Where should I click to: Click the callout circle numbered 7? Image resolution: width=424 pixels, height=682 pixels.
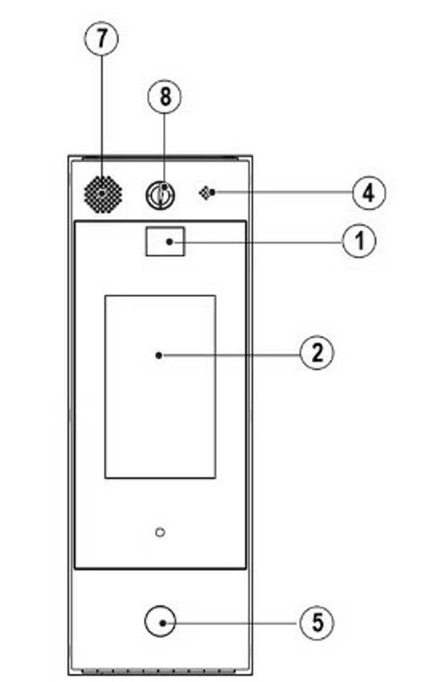pyautogui.click(x=101, y=38)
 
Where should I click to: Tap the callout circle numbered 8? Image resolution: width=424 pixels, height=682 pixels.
pyautogui.click(x=164, y=97)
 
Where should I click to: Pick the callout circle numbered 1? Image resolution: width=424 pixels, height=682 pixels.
pyautogui.click(x=359, y=241)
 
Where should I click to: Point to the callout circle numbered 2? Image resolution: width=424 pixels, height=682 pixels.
pyautogui.click(x=317, y=353)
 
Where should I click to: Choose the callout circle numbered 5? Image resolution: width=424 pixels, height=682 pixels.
pyautogui.click(x=317, y=622)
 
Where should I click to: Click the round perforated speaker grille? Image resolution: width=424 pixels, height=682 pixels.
pyautogui.click(x=103, y=194)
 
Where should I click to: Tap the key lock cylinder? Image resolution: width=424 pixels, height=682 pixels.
pyautogui.click(x=161, y=195)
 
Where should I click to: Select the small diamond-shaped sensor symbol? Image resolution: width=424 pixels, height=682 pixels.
pyautogui.click(x=205, y=192)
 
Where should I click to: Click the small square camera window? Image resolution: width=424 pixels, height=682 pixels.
pyautogui.click(x=165, y=241)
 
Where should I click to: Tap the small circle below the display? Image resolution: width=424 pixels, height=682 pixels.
pyautogui.click(x=160, y=532)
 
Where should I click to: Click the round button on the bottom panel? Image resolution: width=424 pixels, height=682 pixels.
pyautogui.click(x=160, y=622)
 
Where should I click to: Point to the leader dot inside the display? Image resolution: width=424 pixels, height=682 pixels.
pyautogui.click(x=158, y=354)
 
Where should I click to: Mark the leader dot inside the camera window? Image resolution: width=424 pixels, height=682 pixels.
pyautogui.click(x=169, y=241)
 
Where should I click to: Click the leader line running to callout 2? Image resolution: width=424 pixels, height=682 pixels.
pyautogui.click(x=229, y=354)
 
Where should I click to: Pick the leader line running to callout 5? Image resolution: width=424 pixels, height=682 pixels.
pyautogui.click(x=234, y=622)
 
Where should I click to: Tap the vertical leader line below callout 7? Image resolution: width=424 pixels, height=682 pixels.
pyautogui.click(x=101, y=107)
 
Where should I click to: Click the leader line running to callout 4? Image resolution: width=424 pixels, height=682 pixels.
pyautogui.click(x=282, y=192)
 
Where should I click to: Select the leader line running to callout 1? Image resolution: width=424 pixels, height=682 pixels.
pyautogui.click(x=256, y=241)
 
